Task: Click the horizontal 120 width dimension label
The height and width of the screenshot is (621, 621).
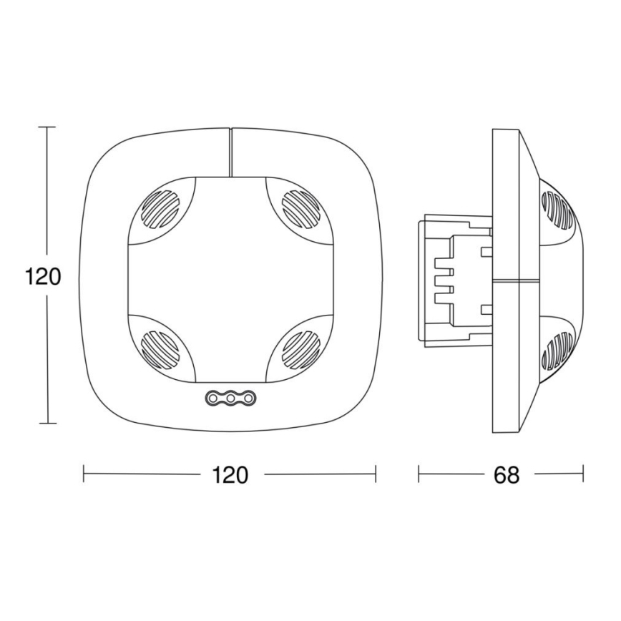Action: [x=230, y=474]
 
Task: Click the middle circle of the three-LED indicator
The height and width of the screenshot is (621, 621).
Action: [x=230, y=398]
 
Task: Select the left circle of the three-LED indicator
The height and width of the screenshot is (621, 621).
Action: [x=214, y=398]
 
